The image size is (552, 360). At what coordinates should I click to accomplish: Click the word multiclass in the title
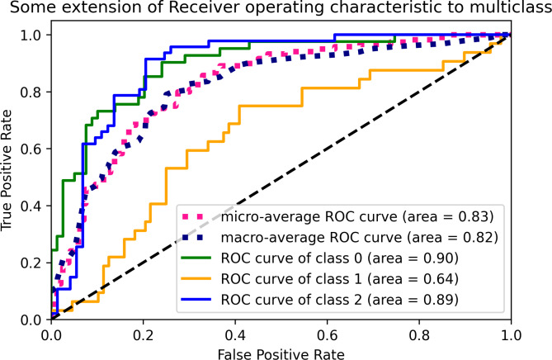pos(502,11)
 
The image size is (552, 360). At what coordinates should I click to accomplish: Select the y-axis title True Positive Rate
pos(12,177)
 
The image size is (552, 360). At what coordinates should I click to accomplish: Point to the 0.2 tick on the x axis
pos(144,334)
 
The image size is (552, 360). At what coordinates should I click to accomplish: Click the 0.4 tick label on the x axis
pos(236,334)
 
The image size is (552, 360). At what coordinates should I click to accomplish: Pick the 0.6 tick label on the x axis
pos(328,334)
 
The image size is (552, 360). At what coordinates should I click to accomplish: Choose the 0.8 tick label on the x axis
pos(420,334)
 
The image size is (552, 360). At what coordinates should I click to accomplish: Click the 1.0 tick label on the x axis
pos(511,334)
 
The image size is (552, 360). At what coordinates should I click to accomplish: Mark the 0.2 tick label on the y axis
pos(32,263)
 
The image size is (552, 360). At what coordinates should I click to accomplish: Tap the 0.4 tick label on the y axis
pos(32,206)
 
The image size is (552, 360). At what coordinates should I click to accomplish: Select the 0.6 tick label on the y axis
pos(32,149)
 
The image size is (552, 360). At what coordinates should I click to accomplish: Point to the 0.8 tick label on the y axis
pos(32,92)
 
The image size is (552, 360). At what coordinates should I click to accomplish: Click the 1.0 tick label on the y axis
pos(32,35)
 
